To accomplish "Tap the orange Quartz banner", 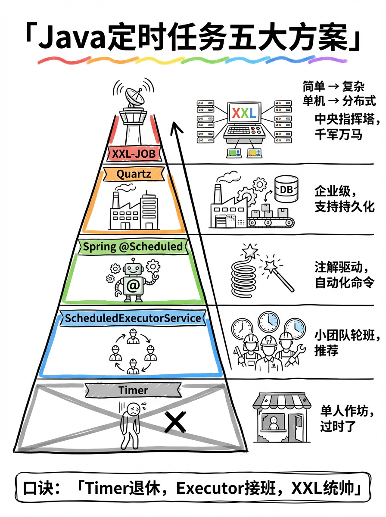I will pos(133,174).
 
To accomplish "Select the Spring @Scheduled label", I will pos(133,247).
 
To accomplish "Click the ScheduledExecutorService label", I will pos(133,318).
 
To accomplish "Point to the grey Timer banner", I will pos(133,390).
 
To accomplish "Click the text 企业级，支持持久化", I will pos(344,199).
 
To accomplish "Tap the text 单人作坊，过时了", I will pos(344,419).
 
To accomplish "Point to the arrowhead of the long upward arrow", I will pos(175,126).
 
